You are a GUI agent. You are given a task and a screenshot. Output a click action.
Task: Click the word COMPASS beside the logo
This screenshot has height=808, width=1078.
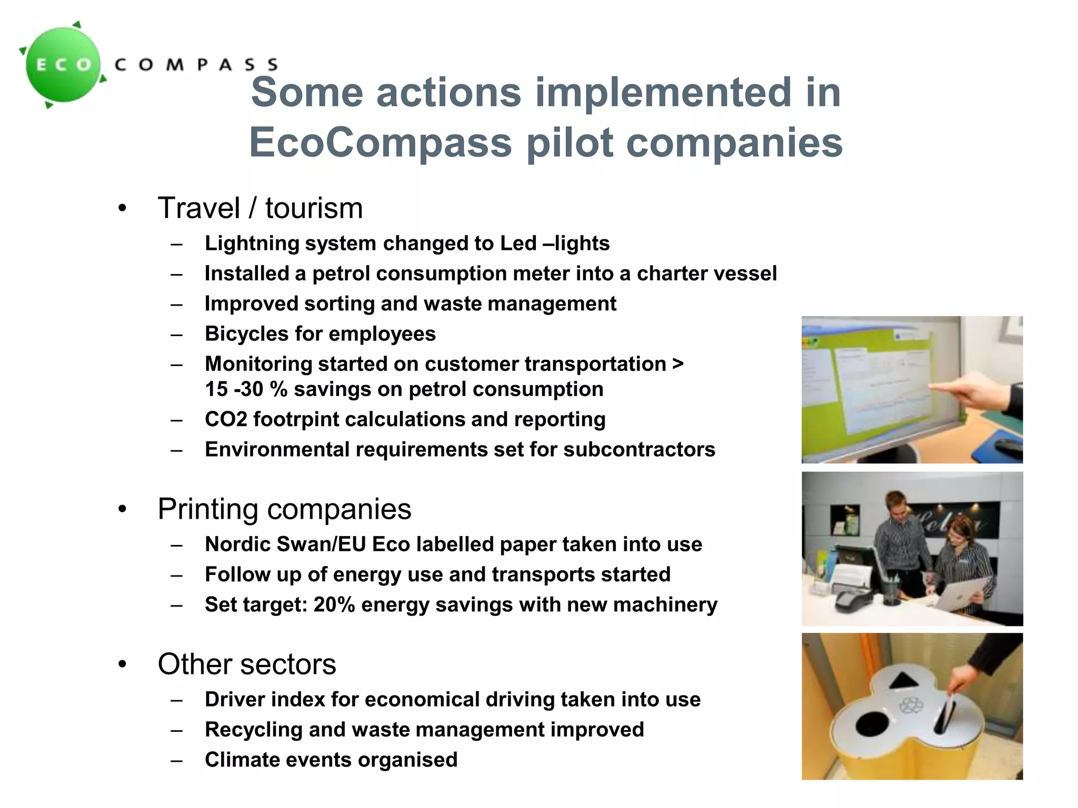(196, 65)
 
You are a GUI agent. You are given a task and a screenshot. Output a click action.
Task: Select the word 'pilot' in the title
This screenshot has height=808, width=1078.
(570, 143)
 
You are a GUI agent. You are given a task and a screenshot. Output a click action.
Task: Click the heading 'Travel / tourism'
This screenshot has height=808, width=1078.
(260, 208)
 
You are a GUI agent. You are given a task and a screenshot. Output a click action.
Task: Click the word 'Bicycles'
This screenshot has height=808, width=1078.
(246, 334)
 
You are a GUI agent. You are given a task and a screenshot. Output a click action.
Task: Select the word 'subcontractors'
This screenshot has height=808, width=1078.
(639, 450)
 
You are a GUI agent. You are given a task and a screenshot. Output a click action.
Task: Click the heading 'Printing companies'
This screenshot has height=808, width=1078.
(284, 509)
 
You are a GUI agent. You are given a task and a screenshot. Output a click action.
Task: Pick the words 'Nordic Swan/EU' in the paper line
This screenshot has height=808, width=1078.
(285, 544)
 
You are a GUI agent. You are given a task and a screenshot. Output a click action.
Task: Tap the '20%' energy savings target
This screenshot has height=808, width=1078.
(334, 605)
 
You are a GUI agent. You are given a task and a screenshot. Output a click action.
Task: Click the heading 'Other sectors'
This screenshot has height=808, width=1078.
(246, 664)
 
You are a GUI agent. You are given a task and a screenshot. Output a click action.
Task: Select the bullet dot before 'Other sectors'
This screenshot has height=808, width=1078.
(123, 664)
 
